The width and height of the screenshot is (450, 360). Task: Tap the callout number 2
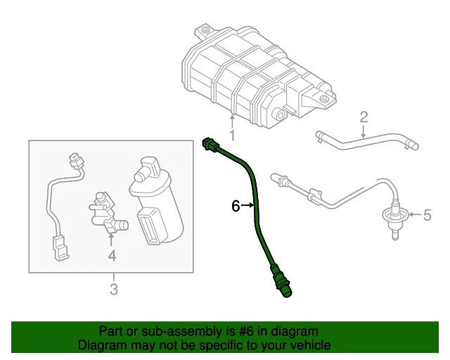click(364, 116)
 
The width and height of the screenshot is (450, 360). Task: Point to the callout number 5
click(425, 214)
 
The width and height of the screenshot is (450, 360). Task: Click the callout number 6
click(236, 205)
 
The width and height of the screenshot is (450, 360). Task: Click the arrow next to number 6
click(250, 205)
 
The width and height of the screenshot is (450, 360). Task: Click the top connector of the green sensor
click(210, 145)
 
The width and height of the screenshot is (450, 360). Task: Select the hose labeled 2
click(366, 141)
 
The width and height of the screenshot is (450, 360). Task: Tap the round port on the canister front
click(279, 115)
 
